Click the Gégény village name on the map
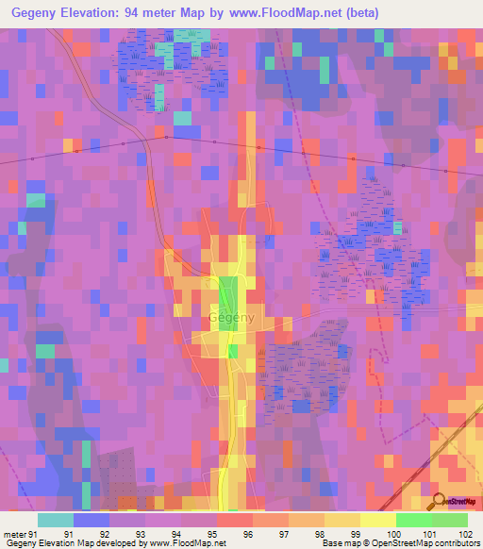[x=232, y=319]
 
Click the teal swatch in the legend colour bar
[x=56, y=520]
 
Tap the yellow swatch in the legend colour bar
[x=378, y=520]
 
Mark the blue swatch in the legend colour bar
[x=92, y=520]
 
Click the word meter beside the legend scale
[x=14, y=534]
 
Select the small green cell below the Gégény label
[x=233, y=351]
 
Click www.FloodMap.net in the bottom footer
[x=185, y=543]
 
